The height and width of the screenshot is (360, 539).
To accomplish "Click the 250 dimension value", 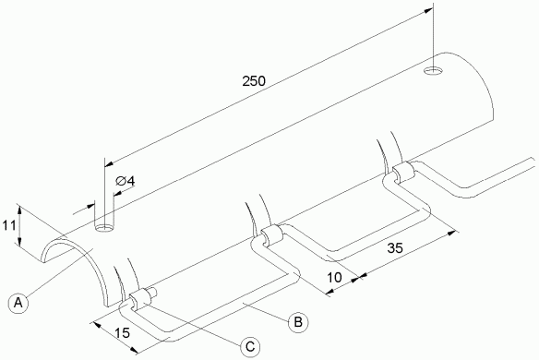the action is pos(254,81).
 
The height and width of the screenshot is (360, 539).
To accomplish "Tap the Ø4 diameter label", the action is pos(126,181).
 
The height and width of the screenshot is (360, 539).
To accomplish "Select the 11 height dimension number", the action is pos(9,226).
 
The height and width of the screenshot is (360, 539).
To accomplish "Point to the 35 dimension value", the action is pos(395,248).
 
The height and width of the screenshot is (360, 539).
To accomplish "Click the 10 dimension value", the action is pos(334,277).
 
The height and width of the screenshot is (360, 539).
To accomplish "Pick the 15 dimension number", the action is pos(122,333).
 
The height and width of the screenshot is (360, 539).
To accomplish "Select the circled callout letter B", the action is pos(298,322).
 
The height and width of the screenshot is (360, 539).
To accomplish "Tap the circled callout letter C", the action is pos(250,346).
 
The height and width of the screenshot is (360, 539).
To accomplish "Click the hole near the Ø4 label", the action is pos(105,228).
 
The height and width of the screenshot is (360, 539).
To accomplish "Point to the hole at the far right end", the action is pos(433,70).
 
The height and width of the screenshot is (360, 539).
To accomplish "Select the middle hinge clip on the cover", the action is pos(271,235).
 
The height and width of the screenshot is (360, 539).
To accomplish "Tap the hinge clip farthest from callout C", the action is pos(402,171).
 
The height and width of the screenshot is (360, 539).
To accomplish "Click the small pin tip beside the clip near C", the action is pos(153,293).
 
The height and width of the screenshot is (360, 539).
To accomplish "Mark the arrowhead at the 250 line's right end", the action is pos(428,10).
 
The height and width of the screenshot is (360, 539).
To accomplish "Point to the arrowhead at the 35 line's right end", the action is pos(450,234).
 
